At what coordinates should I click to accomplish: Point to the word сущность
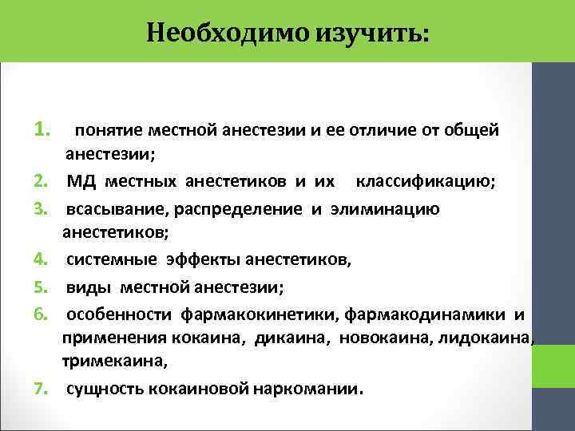(x=101, y=390)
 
